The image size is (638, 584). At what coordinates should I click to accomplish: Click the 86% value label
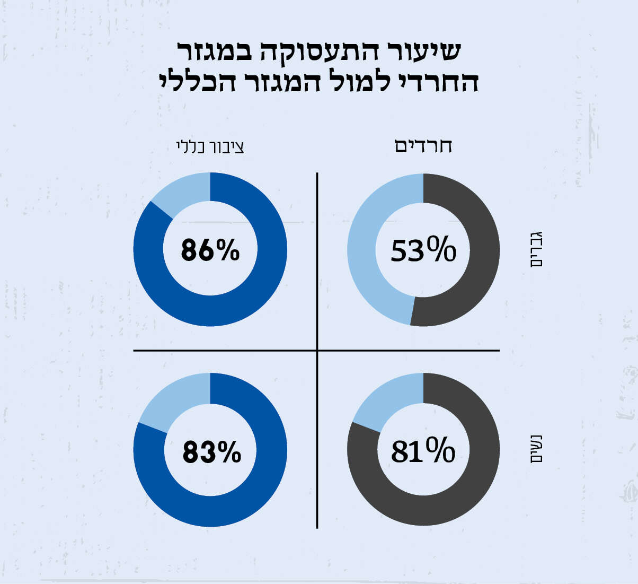[x=210, y=250]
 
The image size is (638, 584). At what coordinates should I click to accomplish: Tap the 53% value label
[x=423, y=250]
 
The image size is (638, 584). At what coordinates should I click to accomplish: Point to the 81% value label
[x=423, y=451]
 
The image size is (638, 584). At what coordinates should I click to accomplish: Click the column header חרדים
[x=423, y=146]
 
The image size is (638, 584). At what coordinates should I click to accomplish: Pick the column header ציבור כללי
[x=210, y=147]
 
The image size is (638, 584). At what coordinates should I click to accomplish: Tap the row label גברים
[x=536, y=249]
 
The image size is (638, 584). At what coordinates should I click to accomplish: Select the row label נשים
[x=536, y=450]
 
